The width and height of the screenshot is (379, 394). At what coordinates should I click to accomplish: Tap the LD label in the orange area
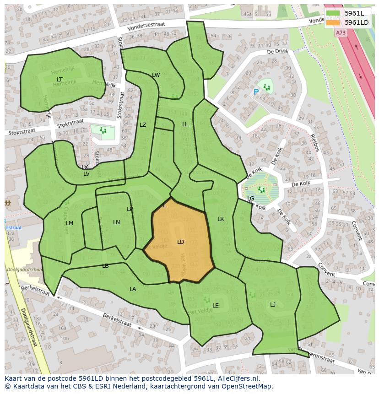180,242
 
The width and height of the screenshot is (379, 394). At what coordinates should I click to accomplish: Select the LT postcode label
60,80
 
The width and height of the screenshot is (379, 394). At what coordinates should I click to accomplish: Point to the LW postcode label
156,75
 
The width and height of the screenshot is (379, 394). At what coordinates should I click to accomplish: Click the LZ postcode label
143,125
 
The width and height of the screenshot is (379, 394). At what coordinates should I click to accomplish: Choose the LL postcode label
185,124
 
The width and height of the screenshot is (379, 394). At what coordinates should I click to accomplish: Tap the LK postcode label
221,219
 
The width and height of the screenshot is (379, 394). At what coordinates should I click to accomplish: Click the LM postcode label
70,223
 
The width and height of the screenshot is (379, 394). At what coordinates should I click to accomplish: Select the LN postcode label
116,222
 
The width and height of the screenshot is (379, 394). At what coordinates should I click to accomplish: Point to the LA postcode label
133,289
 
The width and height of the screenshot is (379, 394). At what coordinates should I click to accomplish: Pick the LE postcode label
216,306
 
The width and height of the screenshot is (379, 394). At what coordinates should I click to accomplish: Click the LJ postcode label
273,305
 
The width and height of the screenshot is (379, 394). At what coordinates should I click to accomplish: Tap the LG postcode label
251,199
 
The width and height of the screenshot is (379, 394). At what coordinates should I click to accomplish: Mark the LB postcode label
105,266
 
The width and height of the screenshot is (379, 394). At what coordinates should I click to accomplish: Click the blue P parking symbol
256,92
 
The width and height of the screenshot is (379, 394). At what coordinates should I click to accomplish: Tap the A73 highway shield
341,33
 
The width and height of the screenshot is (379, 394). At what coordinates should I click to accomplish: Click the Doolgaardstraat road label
29,330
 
